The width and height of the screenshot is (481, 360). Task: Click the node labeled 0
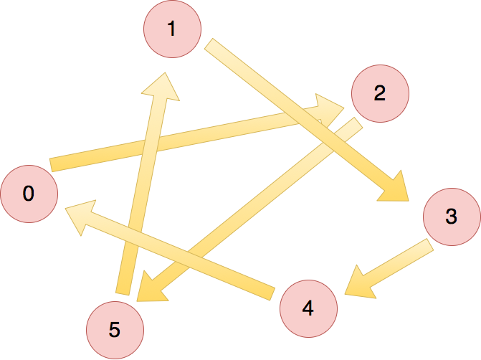29,194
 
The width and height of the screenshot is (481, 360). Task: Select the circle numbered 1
172,29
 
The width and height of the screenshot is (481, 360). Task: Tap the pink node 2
380,93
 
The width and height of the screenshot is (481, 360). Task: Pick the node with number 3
451,216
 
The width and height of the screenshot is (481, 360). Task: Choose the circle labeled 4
308,308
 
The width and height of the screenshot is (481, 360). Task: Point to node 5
115,330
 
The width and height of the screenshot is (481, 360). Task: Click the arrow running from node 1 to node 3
301,115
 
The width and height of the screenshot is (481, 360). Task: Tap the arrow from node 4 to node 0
179,253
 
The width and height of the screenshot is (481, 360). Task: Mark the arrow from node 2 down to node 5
251,208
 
